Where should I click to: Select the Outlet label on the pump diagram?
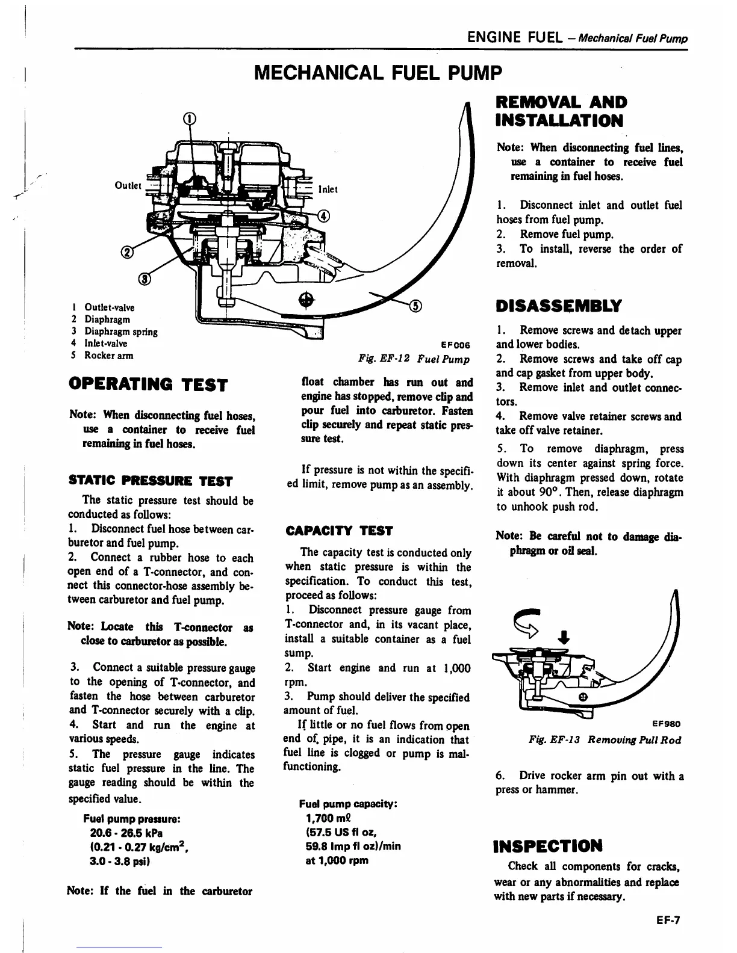click(x=127, y=185)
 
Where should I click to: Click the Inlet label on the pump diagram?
click(x=327, y=190)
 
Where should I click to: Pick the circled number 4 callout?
click(x=323, y=217)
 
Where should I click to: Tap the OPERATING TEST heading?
click(x=149, y=384)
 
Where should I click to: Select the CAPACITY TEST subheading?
click(x=339, y=531)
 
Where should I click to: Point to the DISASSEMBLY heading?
click(x=558, y=306)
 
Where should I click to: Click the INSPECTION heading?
click(x=548, y=847)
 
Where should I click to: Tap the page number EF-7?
click(x=668, y=920)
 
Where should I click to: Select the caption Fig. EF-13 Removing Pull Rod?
click(x=604, y=740)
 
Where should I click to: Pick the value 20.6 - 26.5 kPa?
click(x=126, y=833)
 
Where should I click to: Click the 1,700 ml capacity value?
click(x=329, y=818)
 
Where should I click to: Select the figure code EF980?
click(x=667, y=724)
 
